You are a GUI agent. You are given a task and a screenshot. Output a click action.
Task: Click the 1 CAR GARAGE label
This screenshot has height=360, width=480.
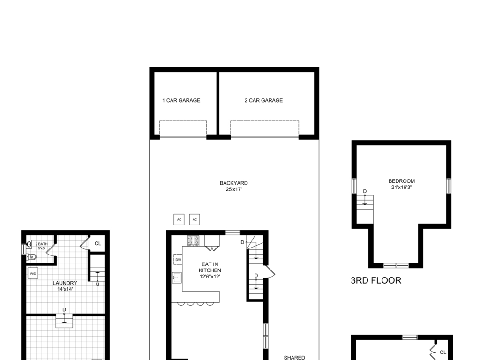(181, 100)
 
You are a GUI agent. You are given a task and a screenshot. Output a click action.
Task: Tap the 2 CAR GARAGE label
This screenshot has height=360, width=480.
(263, 100)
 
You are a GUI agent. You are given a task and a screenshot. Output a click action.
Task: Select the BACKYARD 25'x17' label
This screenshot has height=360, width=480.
(234, 186)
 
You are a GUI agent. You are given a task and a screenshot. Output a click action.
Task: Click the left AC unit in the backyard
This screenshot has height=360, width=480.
(179, 219)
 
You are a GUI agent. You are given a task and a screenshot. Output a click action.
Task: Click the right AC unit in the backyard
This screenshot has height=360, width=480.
(195, 219)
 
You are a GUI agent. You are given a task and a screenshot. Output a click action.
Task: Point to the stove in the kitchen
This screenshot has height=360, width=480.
(193, 240)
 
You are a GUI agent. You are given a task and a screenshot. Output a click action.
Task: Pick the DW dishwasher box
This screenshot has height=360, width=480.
(178, 260)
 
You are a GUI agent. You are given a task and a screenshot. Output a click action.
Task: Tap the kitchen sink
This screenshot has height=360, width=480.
(177, 277)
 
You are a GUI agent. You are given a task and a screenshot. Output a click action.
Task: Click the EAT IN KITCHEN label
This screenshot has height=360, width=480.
(210, 270)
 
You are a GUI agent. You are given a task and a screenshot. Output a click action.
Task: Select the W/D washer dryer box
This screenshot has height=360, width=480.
(33, 273)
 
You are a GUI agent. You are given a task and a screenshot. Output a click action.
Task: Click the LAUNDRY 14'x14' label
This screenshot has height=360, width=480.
(65, 286)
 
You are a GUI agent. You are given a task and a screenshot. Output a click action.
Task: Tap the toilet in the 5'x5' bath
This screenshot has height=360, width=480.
(31, 257)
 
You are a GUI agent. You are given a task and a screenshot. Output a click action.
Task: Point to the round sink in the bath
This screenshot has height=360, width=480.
(29, 244)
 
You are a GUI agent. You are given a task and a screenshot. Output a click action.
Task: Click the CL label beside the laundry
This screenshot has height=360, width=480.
(98, 243)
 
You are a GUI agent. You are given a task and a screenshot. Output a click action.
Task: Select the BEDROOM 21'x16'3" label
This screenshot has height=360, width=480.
(402, 184)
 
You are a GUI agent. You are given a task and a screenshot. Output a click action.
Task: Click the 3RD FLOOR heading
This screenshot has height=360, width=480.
(376, 280)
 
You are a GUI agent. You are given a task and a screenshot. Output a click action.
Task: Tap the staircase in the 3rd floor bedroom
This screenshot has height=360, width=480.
(365, 210)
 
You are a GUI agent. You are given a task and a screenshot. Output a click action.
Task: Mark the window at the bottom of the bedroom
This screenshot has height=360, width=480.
(396, 265)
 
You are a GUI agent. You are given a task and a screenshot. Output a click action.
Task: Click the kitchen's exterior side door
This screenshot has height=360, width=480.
(270, 271)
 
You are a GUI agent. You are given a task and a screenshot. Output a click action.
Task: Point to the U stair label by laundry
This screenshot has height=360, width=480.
(97, 285)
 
